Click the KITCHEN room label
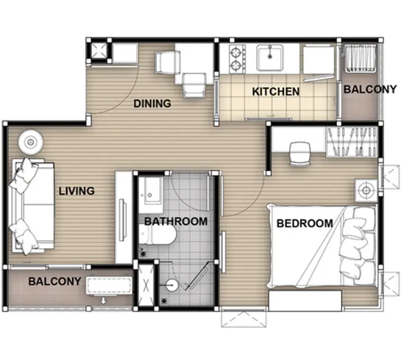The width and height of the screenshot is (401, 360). tap(276, 92)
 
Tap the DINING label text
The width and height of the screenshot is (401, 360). tap(152, 103)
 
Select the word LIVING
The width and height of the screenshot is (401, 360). tap(76, 191)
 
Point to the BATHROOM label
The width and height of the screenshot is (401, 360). tap(176, 221)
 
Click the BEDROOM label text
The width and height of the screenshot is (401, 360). tap(305, 223)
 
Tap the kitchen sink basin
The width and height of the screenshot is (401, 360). tap(270, 58)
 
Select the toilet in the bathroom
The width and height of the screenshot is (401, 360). tap(158, 234)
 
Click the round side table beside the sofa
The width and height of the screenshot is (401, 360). tap(31, 142)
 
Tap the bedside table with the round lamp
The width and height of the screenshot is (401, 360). tap(366, 190)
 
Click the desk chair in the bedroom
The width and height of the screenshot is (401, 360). tap(300, 154)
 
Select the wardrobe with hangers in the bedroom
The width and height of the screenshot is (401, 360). tap(352, 142)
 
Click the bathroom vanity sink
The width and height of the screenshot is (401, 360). tap(151, 195)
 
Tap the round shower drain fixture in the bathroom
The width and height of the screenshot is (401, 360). tap(172, 285)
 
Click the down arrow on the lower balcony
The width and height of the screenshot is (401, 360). tap(103, 300)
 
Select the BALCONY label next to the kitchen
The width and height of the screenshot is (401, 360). tap(370, 89)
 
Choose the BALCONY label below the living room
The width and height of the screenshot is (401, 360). tap(55, 281)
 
